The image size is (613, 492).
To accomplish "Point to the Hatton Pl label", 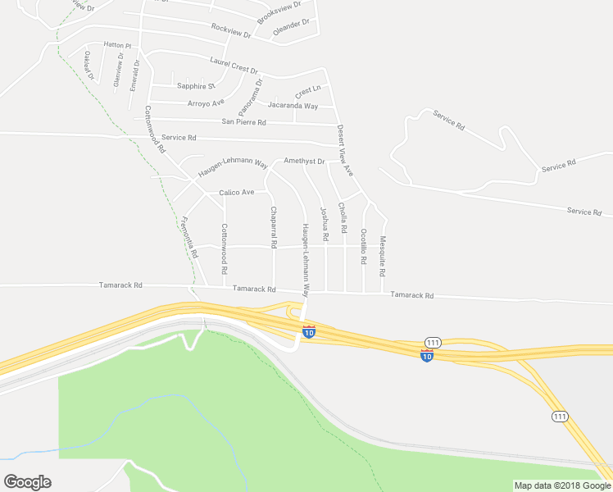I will click(x=117, y=46).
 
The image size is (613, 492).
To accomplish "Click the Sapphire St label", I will click(x=196, y=86).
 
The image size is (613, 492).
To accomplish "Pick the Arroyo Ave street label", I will click(x=206, y=102).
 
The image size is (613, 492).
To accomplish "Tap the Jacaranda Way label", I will click(x=293, y=106).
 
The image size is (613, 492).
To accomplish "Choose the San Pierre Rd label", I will click(x=244, y=122).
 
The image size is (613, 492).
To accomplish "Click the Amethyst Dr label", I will click(x=304, y=162).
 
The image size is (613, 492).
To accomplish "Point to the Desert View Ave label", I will click(x=344, y=150).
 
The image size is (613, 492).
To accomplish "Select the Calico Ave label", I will click(x=236, y=193).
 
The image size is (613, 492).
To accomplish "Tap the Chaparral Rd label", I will click(x=273, y=228).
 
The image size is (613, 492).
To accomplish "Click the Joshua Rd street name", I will click(x=325, y=224).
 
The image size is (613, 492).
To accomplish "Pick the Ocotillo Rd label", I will click(x=363, y=246).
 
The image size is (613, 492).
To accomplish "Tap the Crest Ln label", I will click(x=307, y=89).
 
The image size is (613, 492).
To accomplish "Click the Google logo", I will click(x=27, y=482).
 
